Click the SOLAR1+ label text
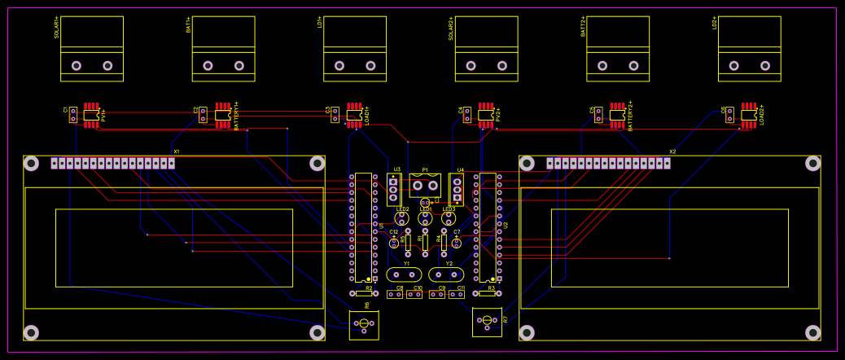coord(56,28)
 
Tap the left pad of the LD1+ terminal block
coord(339,65)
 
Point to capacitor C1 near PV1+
coord(72,114)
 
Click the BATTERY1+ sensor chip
coord(222,116)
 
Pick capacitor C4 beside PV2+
coord(466,114)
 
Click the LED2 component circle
coord(401,218)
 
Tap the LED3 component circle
coord(449,218)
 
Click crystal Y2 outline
coord(446,274)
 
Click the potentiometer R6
coord(364,325)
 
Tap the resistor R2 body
coord(364,293)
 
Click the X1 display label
coord(177,151)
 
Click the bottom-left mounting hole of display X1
coord(31,332)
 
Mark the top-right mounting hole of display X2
coord(812,164)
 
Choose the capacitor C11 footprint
coord(457,294)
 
